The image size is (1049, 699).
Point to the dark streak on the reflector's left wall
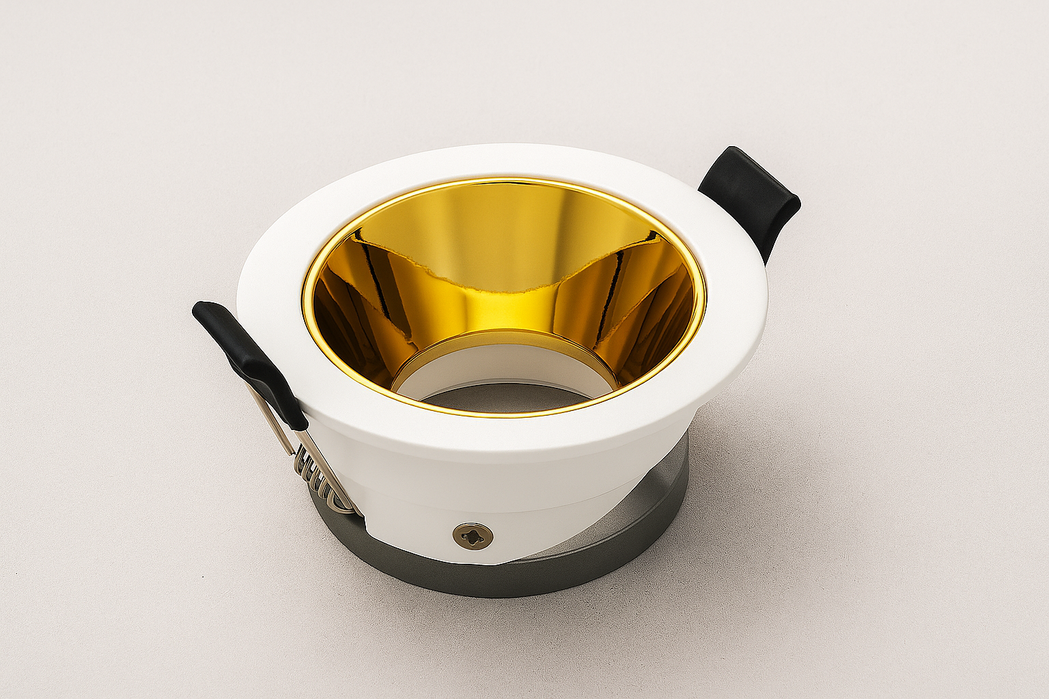pos(376,273)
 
